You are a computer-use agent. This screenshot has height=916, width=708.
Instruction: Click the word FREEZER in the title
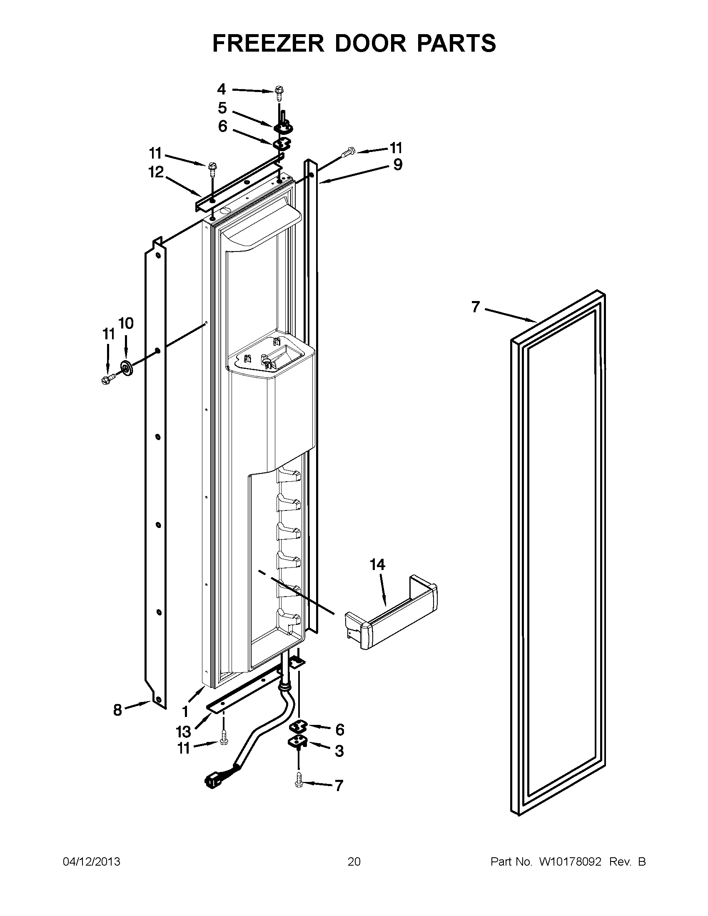(269, 43)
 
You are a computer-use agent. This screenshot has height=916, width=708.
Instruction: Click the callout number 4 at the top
(222, 89)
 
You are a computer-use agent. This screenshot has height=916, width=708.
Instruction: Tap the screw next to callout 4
(279, 92)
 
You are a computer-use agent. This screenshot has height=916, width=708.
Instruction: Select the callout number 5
(222, 108)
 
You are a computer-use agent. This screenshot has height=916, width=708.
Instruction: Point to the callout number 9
(398, 164)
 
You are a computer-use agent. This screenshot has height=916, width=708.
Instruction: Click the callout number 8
(118, 709)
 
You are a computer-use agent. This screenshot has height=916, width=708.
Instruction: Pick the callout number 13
(183, 732)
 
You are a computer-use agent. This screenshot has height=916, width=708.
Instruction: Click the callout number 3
(339, 751)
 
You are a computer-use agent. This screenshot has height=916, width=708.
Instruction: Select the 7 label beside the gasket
(475, 307)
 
